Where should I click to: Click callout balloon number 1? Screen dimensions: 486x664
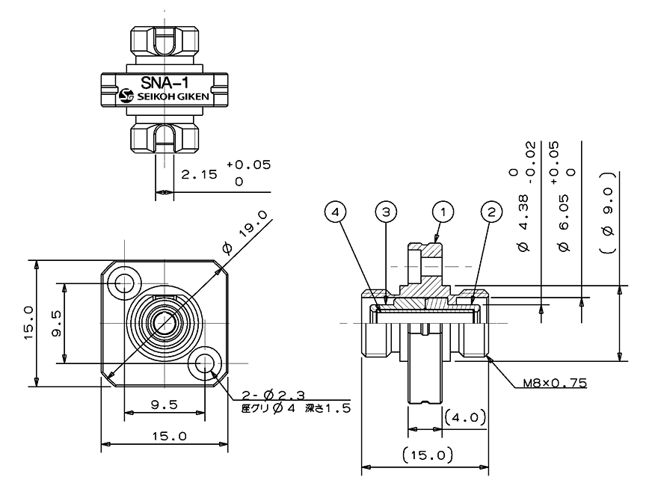pyautogui.click(x=443, y=212)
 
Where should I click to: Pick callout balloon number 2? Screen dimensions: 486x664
pyautogui.click(x=491, y=212)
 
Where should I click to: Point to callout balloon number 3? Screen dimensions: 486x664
pyautogui.click(x=385, y=212)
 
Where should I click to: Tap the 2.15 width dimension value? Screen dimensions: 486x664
pyautogui.click(x=199, y=175)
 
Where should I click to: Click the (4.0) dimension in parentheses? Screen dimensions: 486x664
pyautogui.click(x=464, y=416)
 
